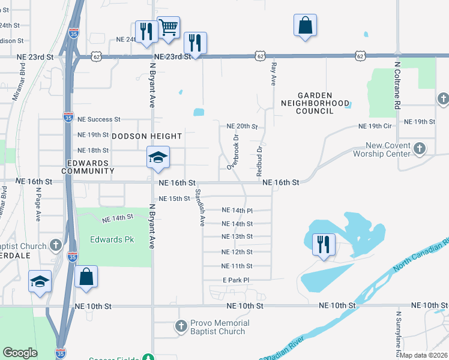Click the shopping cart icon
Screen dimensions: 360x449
tap(169, 27)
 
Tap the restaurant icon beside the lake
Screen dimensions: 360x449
tap(324, 244)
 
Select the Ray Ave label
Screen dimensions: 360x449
tap(274, 74)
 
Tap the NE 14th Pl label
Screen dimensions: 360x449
tap(237, 211)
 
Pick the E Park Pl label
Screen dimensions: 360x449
tap(235, 280)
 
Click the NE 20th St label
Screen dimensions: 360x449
tap(242, 127)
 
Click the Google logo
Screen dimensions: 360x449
tap(20, 353)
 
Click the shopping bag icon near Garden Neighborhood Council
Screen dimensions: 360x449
tap(305, 25)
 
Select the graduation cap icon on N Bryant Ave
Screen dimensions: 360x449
tap(158, 157)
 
